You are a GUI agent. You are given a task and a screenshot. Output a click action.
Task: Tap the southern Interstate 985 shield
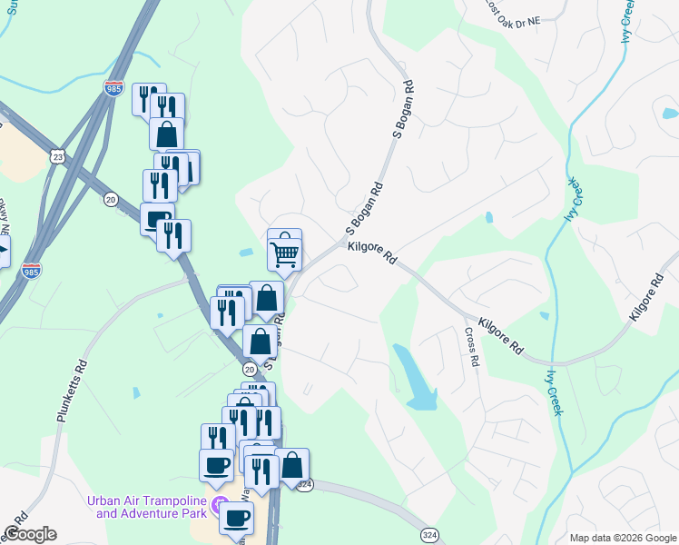[x=31, y=271]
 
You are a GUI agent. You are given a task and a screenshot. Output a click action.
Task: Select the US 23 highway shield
[x=57, y=156]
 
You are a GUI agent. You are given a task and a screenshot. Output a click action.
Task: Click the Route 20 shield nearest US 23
[x=111, y=200]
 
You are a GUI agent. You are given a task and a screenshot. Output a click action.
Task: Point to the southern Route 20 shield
[x=249, y=369]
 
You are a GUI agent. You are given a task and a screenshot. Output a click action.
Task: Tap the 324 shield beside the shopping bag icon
[x=305, y=485]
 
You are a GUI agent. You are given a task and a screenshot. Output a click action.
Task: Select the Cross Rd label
[x=472, y=347]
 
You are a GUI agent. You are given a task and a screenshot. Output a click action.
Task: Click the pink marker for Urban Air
[x=218, y=504]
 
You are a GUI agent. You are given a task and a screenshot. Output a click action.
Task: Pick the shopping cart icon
[x=284, y=254]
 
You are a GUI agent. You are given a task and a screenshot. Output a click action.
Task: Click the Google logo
[x=30, y=534]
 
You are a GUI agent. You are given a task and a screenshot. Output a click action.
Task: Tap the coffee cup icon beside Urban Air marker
[x=236, y=518]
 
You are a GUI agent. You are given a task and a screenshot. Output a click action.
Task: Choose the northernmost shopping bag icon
[x=167, y=134]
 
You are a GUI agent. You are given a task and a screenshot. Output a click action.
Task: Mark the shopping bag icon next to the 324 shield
[x=291, y=465]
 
